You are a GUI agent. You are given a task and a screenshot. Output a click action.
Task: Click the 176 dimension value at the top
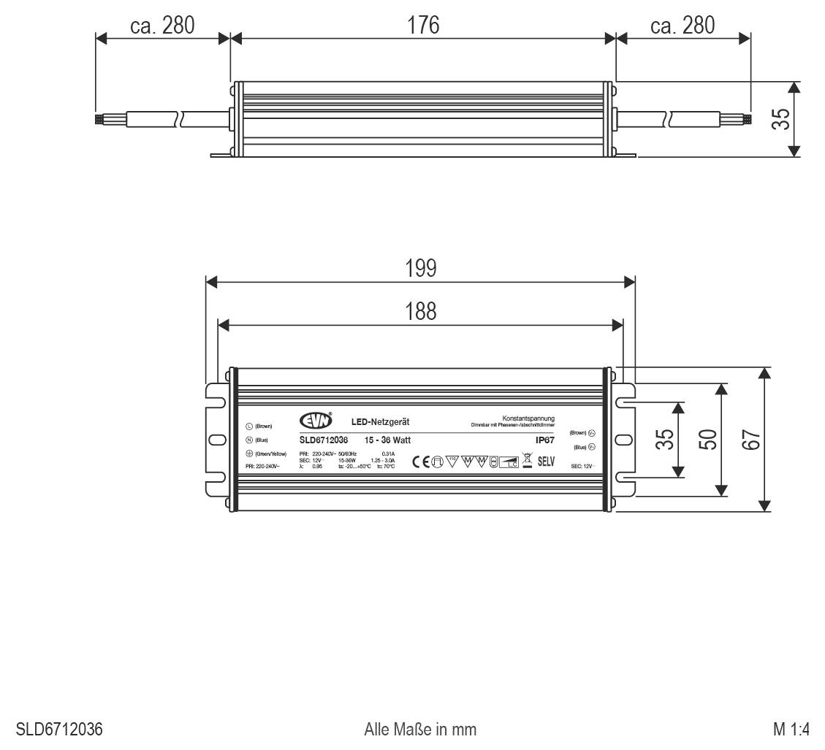pyautogui.click(x=423, y=25)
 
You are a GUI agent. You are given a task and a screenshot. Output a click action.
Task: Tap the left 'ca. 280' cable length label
pyautogui.click(x=162, y=26)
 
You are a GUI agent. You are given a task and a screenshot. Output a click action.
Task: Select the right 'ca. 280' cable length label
pyautogui.click(x=683, y=26)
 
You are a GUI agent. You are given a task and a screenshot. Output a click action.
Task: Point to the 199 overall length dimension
pyautogui.click(x=421, y=269)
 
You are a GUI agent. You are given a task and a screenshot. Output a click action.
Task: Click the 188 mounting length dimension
pyautogui.click(x=421, y=311)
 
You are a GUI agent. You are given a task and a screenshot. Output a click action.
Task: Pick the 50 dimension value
pyautogui.click(x=707, y=440)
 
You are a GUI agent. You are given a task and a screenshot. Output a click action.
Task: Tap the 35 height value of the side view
pyautogui.click(x=782, y=119)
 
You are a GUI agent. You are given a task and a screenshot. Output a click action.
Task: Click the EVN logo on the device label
pyautogui.click(x=316, y=421)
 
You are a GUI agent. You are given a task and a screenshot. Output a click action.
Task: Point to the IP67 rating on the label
pyautogui.click(x=544, y=440)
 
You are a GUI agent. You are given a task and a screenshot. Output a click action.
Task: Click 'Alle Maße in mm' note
pyautogui.click(x=420, y=729)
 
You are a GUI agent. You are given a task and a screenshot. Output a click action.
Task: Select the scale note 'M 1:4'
pyautogui.click(x=791, y=729)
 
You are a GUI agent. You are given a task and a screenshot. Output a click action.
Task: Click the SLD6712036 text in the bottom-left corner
pyautogui.click(x=59, y=729)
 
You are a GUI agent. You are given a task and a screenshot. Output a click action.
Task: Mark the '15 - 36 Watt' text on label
pyautogui.click(x=387, y=440)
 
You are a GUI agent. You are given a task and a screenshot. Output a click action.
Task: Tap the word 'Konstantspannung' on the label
pyautogui.click(x=528, y=418)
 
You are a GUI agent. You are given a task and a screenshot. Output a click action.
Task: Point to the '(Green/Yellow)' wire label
pyautogui.click(x=270, y=454)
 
